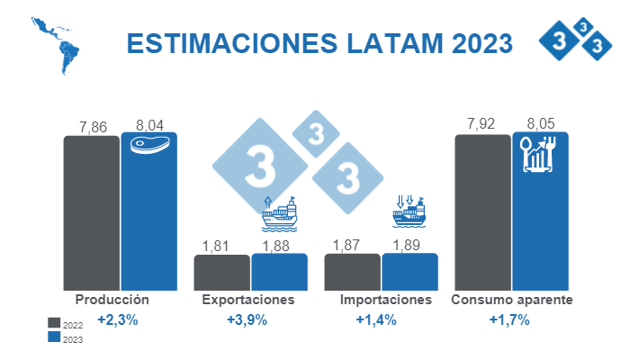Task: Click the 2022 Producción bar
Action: tap(91, 212)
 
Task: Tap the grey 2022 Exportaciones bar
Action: tap(221, 272)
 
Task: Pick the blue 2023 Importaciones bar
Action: tap(409, 271)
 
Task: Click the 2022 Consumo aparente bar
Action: tap(482, 212)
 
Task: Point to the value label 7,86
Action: tap(92, 127)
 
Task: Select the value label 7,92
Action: tap(482, 124)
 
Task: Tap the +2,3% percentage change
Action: tap(117, 320)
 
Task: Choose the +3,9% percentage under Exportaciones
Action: tap(247, 320)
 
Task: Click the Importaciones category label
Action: tap(386, 300)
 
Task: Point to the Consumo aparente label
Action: tap(511, 300)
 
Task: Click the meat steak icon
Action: tap(149, 146)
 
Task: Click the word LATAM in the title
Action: tap(387, 44)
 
